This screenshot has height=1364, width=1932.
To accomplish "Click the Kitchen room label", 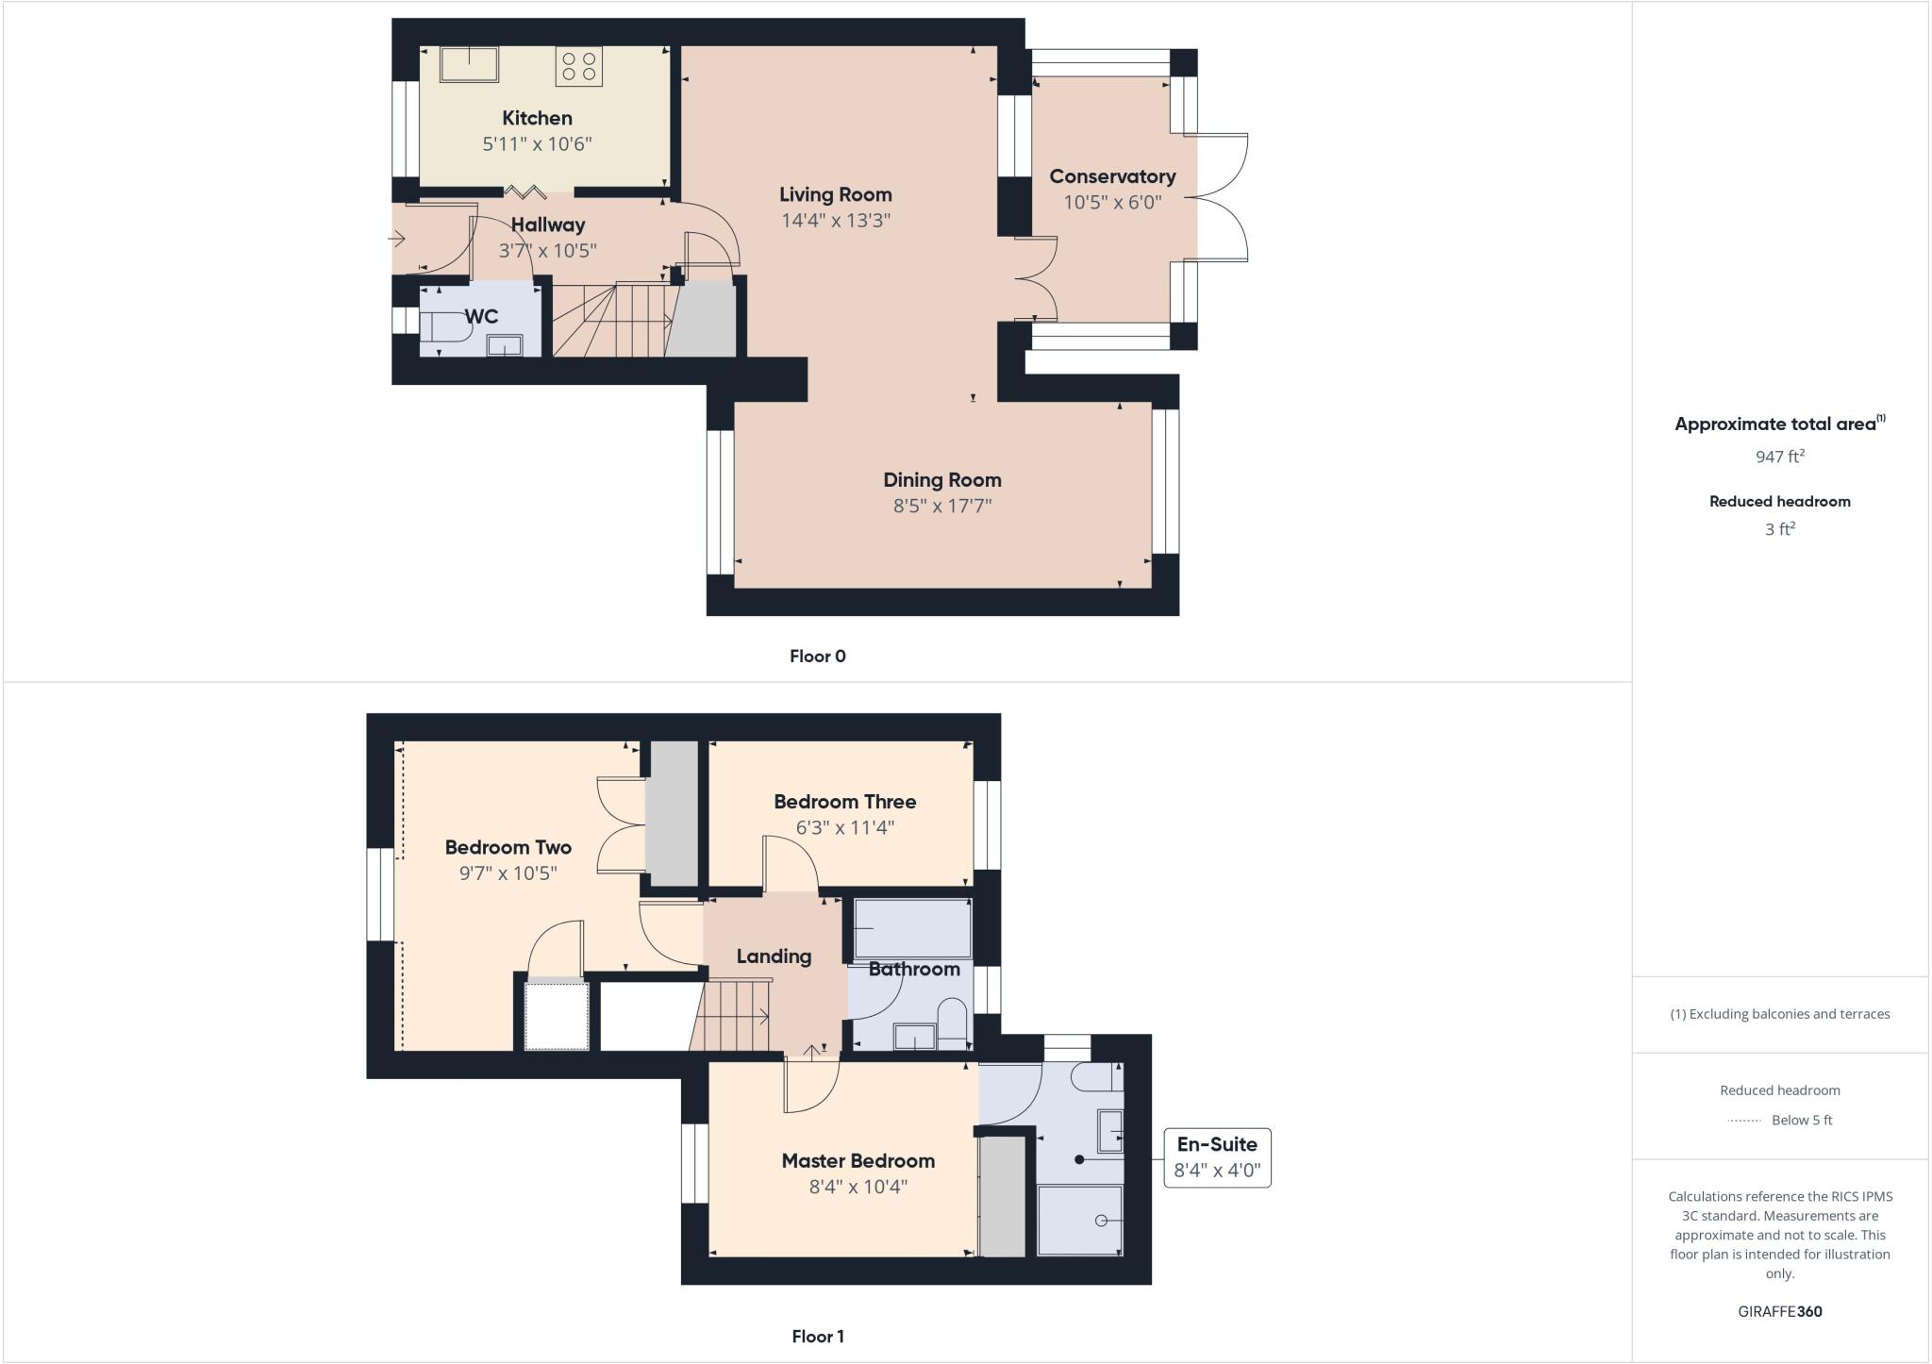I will (x=537, y=119).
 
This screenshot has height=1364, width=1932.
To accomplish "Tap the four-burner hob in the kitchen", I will (x=578, y=66).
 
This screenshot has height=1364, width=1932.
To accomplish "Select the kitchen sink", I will (x=469, y=64).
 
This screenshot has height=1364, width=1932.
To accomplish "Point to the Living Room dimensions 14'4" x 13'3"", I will (x=835, y=221).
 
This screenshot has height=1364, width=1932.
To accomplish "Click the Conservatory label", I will (x=1112, y=176).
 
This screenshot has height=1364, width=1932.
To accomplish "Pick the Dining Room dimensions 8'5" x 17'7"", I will (x=941, y=506).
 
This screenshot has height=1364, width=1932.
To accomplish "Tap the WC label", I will (x=481, y=317).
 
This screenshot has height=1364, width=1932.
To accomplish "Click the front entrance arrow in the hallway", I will (x=397, y=239).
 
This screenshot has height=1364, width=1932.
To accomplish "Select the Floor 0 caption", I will (x=817, y=657).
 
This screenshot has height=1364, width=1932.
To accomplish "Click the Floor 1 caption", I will (x=817, y=1336).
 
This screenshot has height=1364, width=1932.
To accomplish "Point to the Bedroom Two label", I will (x=508, y=848).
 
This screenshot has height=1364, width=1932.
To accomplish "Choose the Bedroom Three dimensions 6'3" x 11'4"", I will (x=844, y=828).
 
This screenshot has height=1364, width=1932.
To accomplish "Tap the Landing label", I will (x=774, y=956).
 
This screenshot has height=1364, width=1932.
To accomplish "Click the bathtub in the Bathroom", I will (x=912, y=929).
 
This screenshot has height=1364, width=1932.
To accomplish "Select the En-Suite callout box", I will (x=1217, y=1157).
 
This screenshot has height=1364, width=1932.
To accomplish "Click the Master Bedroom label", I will (x=858, y=1161).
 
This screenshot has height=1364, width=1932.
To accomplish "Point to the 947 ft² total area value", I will (x=1779, y=457).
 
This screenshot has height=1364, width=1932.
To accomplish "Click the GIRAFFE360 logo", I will (x=1779, y=1311).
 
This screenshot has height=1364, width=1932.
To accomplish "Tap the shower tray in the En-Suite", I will (x=1080, y=1220).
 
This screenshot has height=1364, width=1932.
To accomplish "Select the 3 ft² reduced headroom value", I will (x=1779, y=529).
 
